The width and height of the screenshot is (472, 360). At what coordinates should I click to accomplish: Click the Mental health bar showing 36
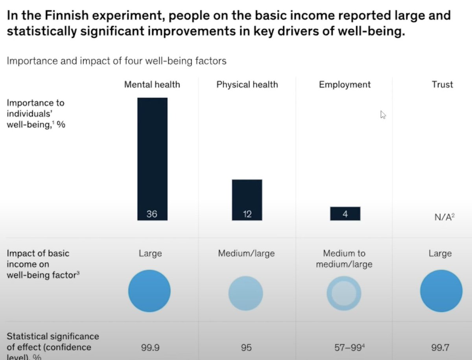(x=152, y=159)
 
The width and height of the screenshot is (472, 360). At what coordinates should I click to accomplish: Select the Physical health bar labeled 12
(x=247, y=200)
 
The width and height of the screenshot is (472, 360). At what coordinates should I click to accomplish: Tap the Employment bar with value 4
(x=345, y=214)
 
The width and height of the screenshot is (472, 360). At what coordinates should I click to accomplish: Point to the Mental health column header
(x=152, y=85)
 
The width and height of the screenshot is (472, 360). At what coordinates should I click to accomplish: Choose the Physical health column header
(x=247, y=85)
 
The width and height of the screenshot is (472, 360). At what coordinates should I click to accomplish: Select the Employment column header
(x=345, y=85)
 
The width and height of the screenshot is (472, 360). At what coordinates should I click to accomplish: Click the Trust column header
(x=442, y=85)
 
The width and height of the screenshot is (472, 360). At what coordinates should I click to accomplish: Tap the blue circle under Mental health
(x=149, y=291)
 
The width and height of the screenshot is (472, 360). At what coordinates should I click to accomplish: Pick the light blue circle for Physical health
(x=246, y=293)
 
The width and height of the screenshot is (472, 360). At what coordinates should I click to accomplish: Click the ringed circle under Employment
(x=344, y=293)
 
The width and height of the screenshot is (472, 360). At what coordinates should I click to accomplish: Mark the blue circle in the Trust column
(x=441, y=291)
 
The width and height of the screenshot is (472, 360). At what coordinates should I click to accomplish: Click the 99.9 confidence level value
(x=150, y=348)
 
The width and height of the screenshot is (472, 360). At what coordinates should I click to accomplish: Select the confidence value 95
(x=247, y=348)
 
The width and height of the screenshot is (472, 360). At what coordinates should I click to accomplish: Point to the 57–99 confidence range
(x=344, y=348)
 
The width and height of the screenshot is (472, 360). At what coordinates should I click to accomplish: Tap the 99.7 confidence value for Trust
(x=441, y=348)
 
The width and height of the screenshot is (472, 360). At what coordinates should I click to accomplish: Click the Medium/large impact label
(x=246, y=253)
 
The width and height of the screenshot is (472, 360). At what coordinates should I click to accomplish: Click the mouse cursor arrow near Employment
(x=383, y=114)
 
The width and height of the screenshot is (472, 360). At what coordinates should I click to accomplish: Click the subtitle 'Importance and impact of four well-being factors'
(x=116, y=61)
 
